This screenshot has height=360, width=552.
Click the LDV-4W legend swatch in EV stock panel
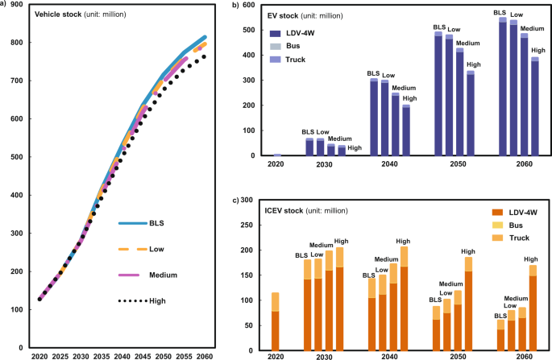[276, 33]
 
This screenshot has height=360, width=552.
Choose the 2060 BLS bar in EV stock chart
[502, 87]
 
